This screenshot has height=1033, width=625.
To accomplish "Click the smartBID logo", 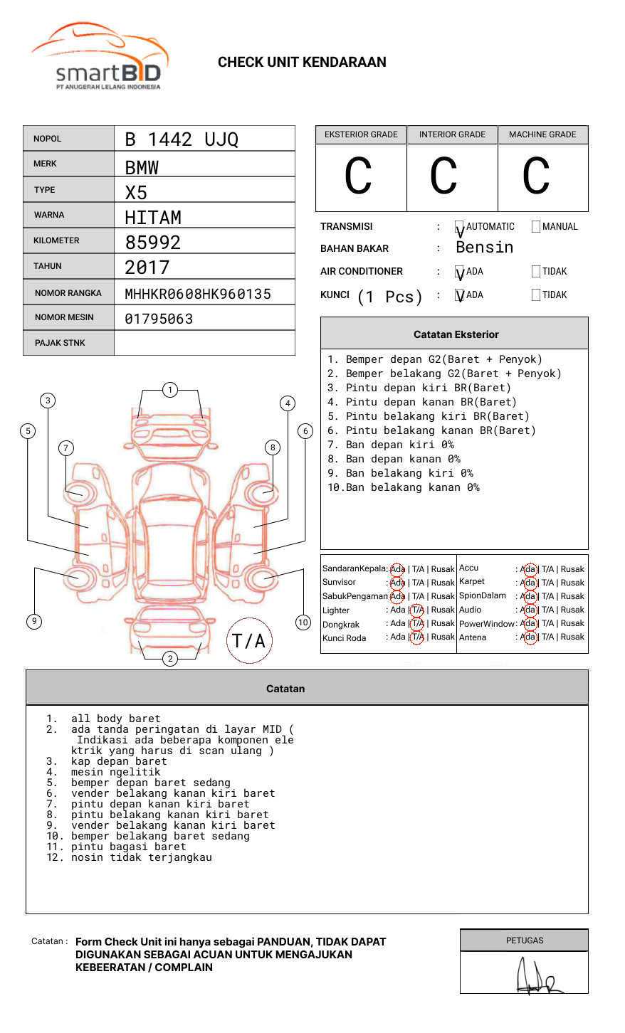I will tap(100, 57).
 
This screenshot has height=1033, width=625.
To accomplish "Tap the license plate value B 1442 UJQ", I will tap(182, 139).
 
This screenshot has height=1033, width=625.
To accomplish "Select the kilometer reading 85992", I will tap(153, 243).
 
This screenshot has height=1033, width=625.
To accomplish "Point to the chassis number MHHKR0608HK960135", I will tap(198, 294).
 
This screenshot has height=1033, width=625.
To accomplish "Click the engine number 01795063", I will tap(159, 319).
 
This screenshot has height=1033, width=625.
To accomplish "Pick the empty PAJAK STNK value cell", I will tap(204, 343).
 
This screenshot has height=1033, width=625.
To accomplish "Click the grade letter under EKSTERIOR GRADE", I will tap(358, 176).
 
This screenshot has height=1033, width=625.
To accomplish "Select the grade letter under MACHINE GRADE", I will tap(536, 176).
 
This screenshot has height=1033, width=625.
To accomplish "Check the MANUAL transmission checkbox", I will tap(536, 227).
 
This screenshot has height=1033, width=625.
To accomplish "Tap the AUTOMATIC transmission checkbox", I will tap(460, 227).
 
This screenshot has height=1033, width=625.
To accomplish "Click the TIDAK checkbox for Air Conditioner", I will tap(536, 271).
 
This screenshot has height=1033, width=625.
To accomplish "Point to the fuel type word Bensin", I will tap(484, 248).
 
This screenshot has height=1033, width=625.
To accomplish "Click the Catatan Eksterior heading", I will tap(456, 334).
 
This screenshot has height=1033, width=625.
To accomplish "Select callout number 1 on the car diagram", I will tap(169, 390).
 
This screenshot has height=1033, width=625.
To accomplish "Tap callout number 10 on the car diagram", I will tap(303, 623).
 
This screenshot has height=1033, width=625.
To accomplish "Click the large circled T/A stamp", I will tap(249, 640).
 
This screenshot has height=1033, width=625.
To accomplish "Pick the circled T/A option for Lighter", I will tap(417, 610).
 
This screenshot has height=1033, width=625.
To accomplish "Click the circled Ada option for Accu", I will tap(528, 569).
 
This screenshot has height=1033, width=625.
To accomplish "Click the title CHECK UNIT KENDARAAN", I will tap(302, 63).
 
